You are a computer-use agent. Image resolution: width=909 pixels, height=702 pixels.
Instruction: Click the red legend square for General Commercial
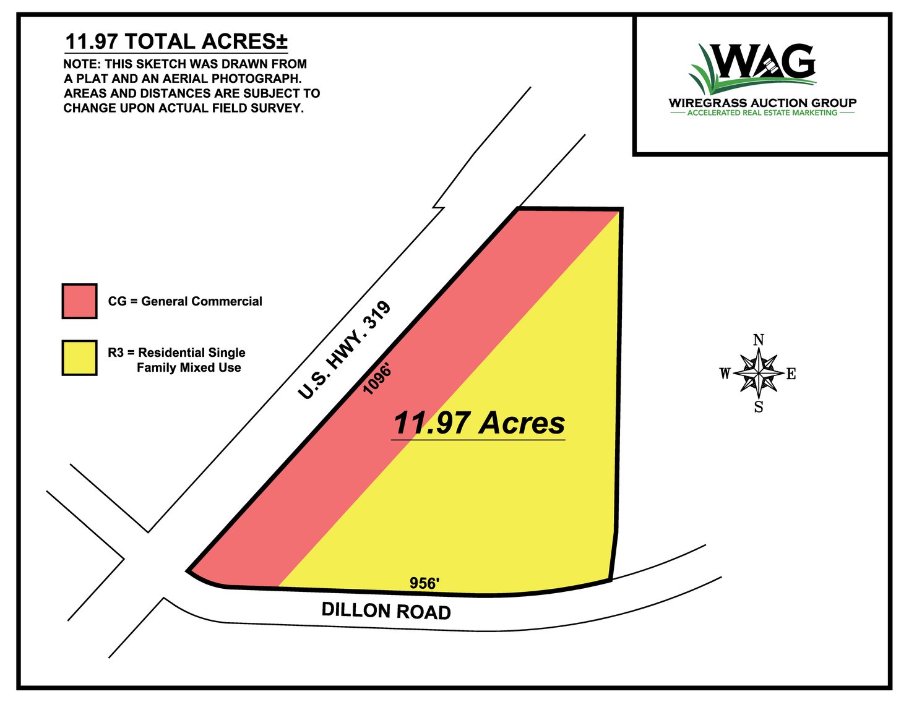click(79, 301)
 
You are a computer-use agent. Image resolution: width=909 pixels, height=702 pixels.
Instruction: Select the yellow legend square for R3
click(79, 357)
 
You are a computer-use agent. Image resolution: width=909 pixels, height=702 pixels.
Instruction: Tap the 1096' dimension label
click(377, 379)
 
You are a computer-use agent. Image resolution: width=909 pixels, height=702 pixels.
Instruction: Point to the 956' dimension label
click(424, 583)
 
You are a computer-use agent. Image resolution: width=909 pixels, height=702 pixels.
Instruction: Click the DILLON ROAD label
click(386, 611)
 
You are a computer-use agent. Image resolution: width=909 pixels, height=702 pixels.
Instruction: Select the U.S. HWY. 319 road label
click(344, 350)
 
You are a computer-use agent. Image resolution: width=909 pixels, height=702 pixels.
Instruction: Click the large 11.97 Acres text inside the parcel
click(478, 423)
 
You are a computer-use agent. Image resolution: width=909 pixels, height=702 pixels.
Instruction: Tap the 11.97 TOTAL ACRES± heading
click(176, 41)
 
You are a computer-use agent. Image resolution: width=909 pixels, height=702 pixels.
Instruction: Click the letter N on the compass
click(758, 340)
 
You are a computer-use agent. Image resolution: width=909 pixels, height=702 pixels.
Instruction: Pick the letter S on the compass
click(759, 407)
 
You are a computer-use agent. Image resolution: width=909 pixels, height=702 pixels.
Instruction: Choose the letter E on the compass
click(791, 374)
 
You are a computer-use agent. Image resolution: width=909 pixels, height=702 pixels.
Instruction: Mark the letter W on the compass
click(725, 374)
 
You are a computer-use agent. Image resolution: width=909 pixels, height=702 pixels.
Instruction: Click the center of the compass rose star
click(759, 373)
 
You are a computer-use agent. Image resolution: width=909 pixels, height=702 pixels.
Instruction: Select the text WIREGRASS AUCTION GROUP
click(762, 103)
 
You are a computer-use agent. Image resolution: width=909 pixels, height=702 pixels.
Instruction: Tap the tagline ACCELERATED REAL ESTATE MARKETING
click(762, 113)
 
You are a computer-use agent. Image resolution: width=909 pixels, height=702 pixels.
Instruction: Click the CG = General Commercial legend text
click(185, 301)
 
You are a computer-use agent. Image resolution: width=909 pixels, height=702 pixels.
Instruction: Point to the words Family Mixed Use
click(189, 367)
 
